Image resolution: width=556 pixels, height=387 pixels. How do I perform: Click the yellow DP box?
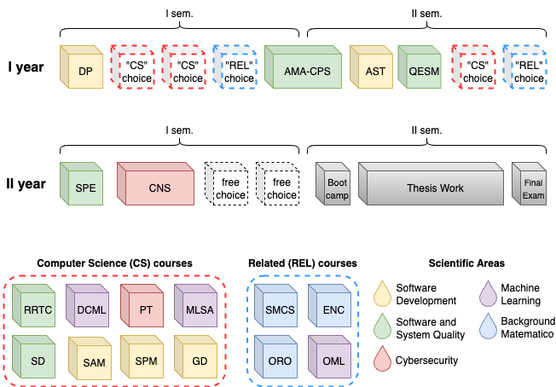84,71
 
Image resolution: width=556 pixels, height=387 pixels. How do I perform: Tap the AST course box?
374,71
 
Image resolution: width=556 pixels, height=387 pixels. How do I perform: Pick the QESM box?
422,71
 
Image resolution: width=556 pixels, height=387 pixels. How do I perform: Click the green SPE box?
84,188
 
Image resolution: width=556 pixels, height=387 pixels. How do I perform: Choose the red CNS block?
158,188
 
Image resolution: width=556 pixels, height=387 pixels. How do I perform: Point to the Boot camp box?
336,188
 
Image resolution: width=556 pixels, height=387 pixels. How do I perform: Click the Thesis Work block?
434,188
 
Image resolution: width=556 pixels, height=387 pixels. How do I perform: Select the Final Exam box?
532,188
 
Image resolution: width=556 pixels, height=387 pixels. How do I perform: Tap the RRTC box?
37,310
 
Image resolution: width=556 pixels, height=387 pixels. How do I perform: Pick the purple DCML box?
90,310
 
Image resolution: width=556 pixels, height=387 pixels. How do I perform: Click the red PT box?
145,310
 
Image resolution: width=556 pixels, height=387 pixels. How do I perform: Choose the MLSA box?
199,310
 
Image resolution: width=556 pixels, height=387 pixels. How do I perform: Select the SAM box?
92,361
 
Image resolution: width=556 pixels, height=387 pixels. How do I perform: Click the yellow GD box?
199,361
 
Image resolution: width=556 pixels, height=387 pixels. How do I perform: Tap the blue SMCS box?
279,310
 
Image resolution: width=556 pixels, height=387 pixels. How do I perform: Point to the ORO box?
279,361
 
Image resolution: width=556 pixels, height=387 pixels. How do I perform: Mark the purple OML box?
333,361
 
